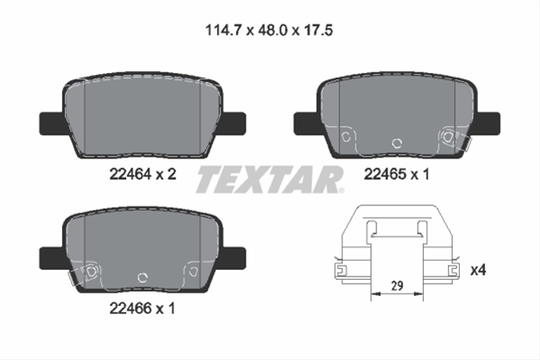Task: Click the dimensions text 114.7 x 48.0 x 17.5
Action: click(x=269, y=31)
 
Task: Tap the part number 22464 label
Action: click(x=130, y=174)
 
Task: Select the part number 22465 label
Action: click(x=384, y=175)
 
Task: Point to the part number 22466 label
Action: click(x=130, y=308)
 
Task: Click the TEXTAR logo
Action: click(x=270, y=179)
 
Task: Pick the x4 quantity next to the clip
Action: click(x=478, y=270)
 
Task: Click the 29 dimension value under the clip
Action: click(x=397, y=285)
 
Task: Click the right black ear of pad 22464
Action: click(x=233, y=123)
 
